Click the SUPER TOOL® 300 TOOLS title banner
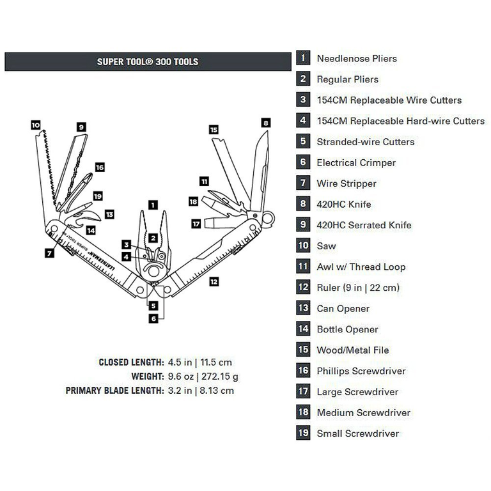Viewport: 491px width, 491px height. pyautogui.click(x=148, y=62)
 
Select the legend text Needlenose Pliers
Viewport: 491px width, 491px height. pyautogui.click(x=356, y=59)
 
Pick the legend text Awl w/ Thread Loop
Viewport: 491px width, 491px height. pyautogui.click(x=361, y=267)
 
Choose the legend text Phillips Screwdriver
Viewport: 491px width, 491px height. pyautogui.click(x=361, y=371)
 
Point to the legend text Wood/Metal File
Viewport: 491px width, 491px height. pyautogui.click(x=352, y=350)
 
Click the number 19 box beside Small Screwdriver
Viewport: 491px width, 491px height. pyautogui.click(x=303, y=433)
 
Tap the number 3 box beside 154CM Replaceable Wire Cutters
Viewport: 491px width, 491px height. pyautogui.click(x=303, y=100)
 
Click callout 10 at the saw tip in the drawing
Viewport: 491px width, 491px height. pyautogui.click(x=36, y=125)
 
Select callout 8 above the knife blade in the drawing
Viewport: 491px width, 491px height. pyautogui.click(x=265, y=123)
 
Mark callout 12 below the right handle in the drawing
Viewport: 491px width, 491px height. pyautogui.click(x=214, y=281)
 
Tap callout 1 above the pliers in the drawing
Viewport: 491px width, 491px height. pyautogui.click(x=152, y=205)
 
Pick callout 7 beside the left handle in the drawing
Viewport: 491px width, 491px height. pyautogui.click(x=49, y=253)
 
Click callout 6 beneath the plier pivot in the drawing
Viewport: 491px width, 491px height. pyautogui.click(x=153, y=318)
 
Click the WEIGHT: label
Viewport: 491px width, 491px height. pyautogui.click(x=148, y=377)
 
